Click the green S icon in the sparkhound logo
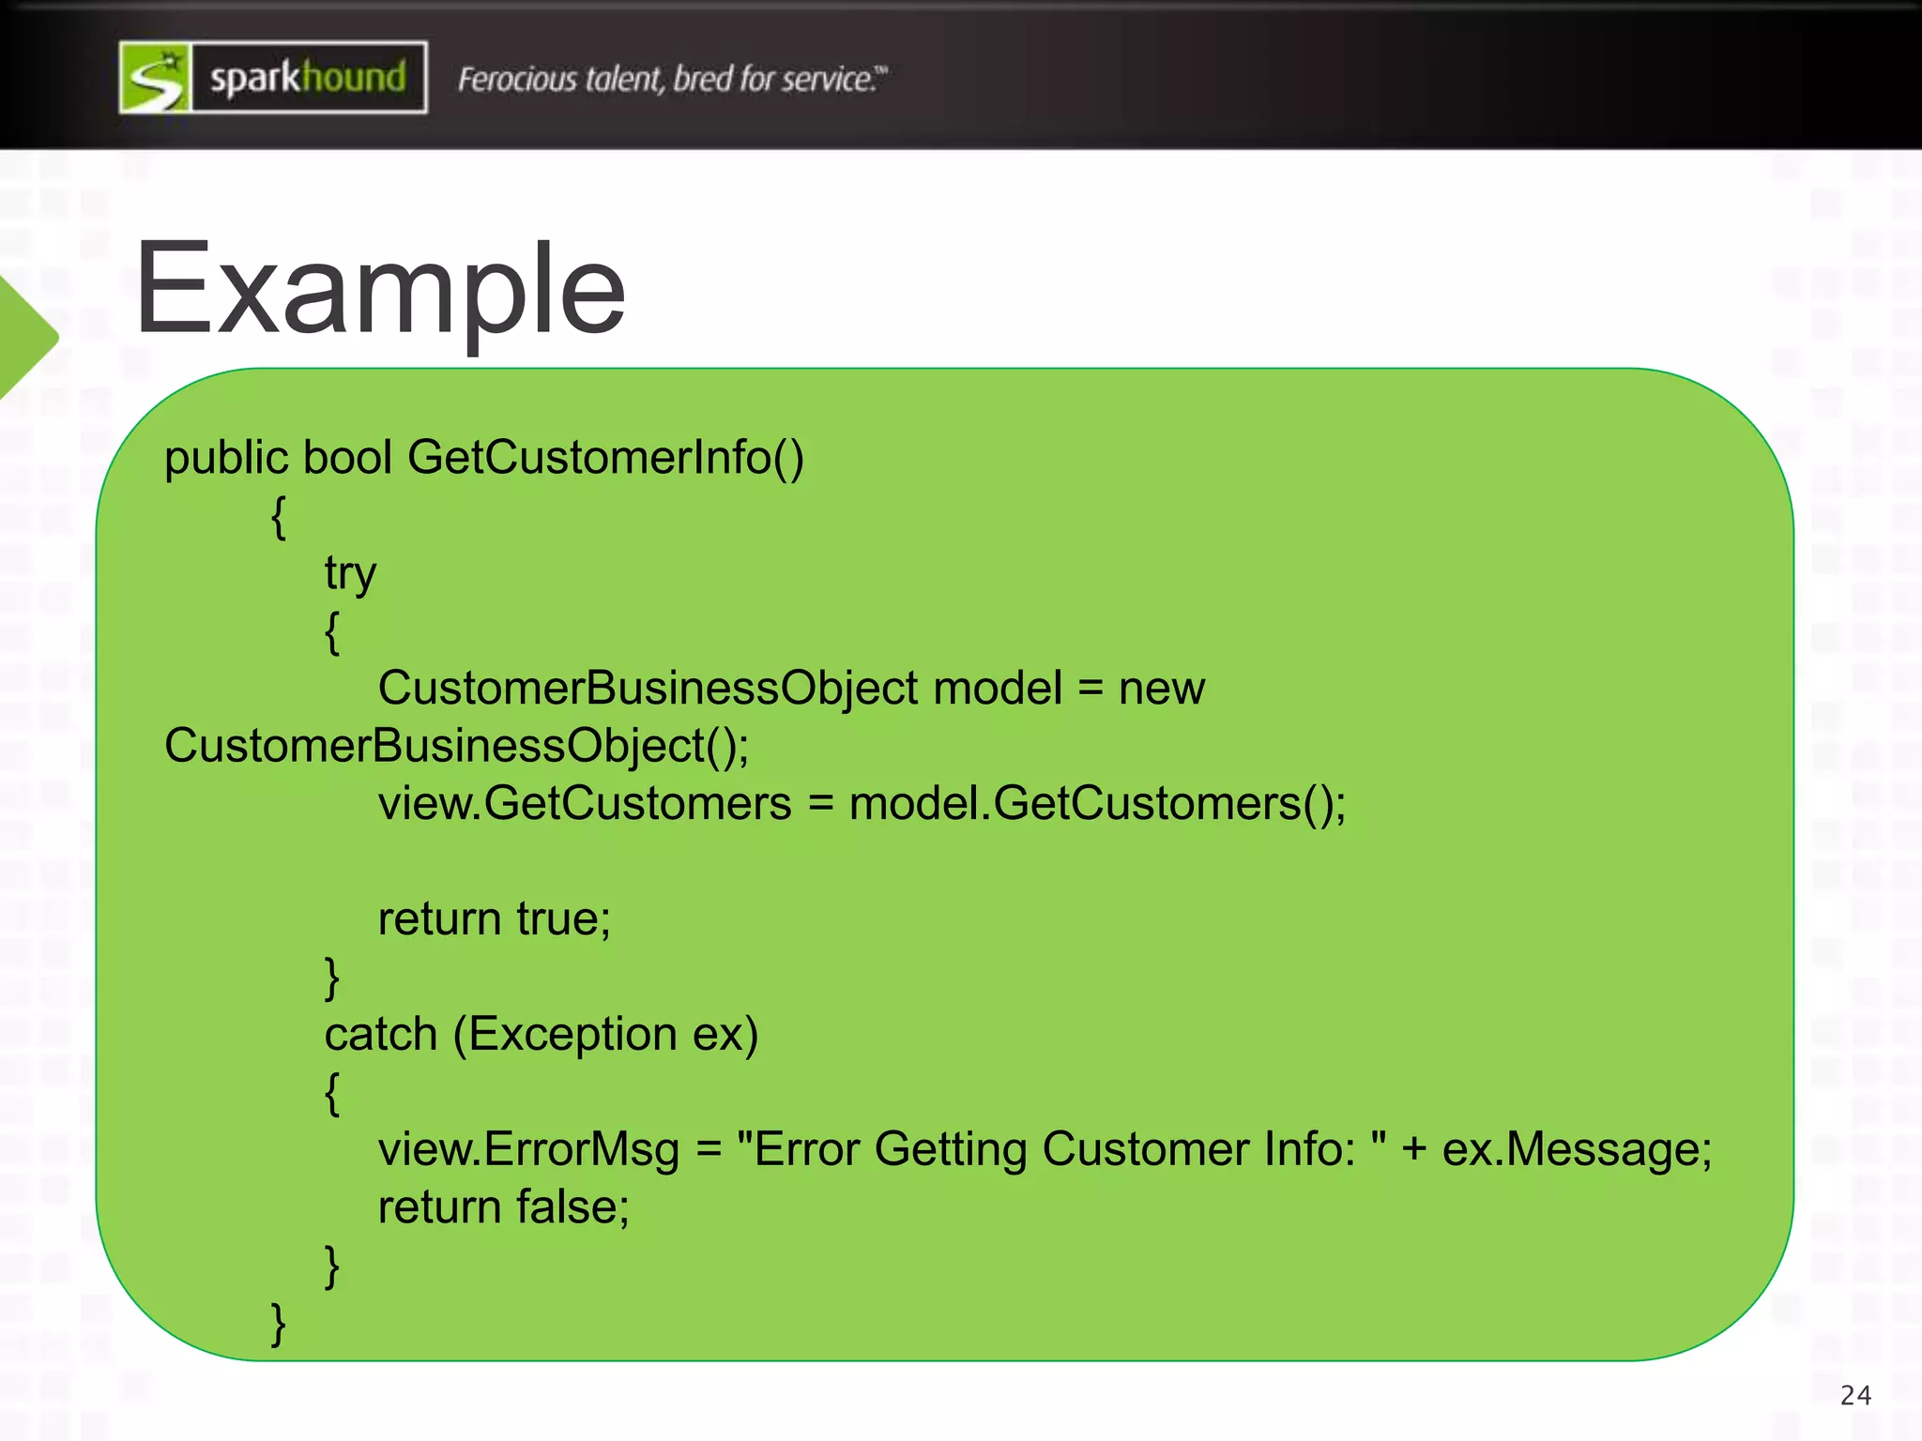click(156, 78)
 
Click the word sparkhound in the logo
click(308, 78)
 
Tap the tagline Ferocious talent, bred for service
click(672, 80)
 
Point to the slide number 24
click(1855, 1396)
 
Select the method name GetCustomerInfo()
click(605, 458)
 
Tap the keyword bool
click(347, 458)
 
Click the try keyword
click(350, 573)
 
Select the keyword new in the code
click(1161, 689)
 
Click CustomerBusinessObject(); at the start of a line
click(457, 747)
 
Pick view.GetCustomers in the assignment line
click(585, 804)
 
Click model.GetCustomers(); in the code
click(1097, 804)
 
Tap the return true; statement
click(494, 919)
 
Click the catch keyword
click(381, 1035)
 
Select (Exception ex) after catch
click(606, 1035)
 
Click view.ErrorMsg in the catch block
click(528, 1150)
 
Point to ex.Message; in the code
click(1577, 1150)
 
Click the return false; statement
click(503, 1207)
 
